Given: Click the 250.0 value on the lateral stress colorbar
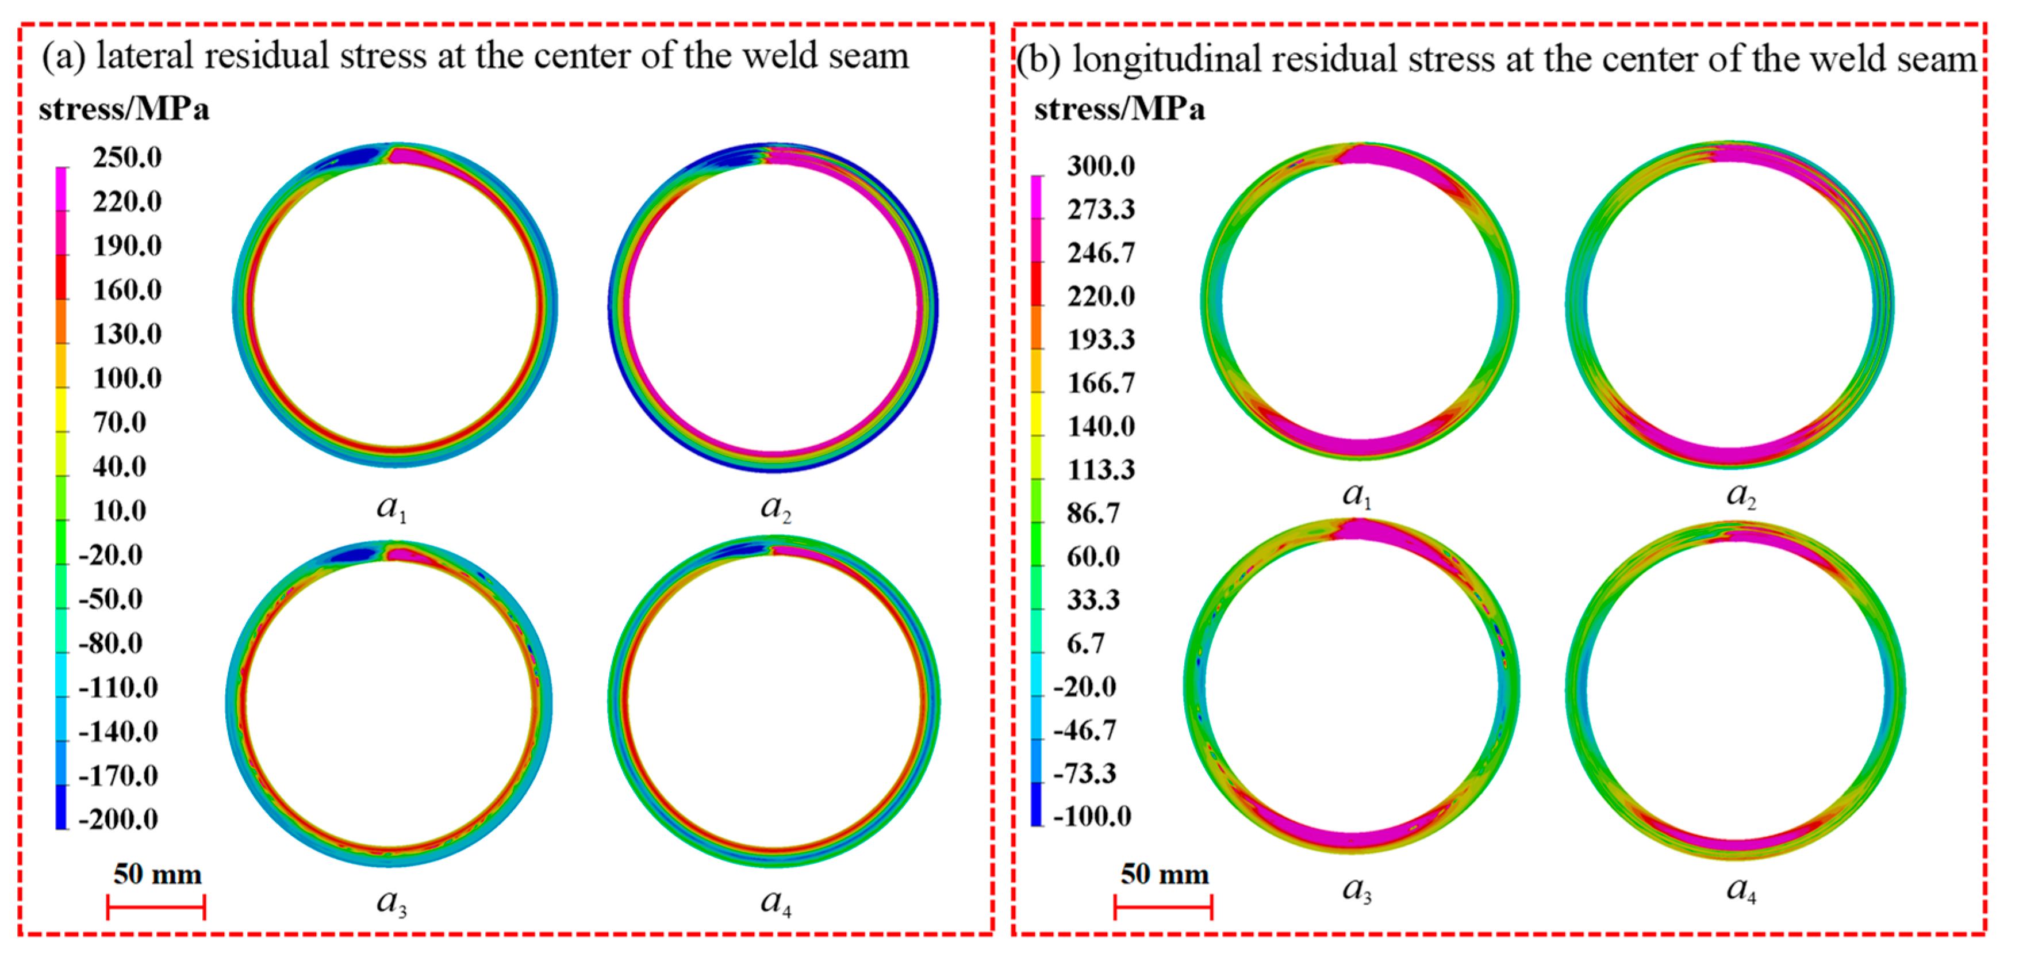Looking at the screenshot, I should pos(127,158).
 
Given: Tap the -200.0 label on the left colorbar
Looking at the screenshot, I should pos(118,819).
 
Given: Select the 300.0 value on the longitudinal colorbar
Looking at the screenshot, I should pos(1100,166).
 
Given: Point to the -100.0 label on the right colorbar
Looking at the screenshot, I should pos(1092,816).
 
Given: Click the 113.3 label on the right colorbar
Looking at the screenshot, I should pos(1100,469).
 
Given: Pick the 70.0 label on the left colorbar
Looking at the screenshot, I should pos(119,423).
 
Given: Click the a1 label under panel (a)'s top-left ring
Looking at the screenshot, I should pos(391,507).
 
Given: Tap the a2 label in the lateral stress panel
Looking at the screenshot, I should pos(775,507).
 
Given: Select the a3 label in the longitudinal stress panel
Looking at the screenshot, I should pos(1357,889).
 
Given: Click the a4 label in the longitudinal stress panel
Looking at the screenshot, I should pos(1741,889).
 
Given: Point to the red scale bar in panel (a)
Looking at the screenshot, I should pos(156,908).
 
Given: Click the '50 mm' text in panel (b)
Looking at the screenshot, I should pos(1164,874).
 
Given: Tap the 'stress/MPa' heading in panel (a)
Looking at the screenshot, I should pos(124,109).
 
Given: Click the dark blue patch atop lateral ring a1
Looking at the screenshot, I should pos(353,157).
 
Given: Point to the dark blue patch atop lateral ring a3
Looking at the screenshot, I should pos(354,555).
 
